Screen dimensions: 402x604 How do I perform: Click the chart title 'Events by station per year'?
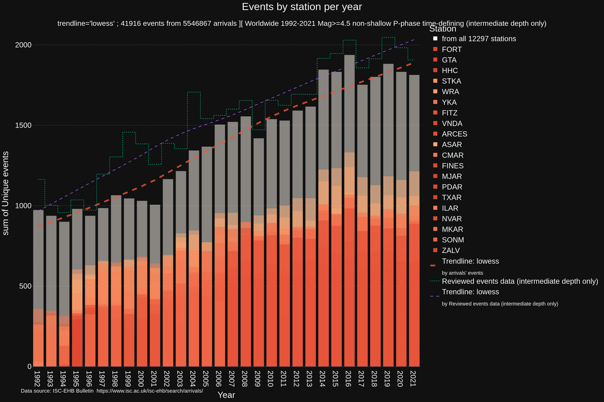(x=302, y=7)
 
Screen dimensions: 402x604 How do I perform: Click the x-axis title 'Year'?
(x=226, y=395)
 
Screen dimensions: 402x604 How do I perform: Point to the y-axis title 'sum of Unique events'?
(x=6, y=193)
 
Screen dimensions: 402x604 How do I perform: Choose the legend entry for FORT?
(x=452, y=49)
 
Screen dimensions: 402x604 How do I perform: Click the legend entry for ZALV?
(x=451, y=250)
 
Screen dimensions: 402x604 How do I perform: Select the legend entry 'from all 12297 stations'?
(x=479, y=39)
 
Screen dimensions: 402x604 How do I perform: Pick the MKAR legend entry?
(x=452, y=229)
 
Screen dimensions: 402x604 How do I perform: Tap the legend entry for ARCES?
(x=454, y=134)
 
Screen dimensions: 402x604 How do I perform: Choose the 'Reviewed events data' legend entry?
(x=520, y=281)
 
